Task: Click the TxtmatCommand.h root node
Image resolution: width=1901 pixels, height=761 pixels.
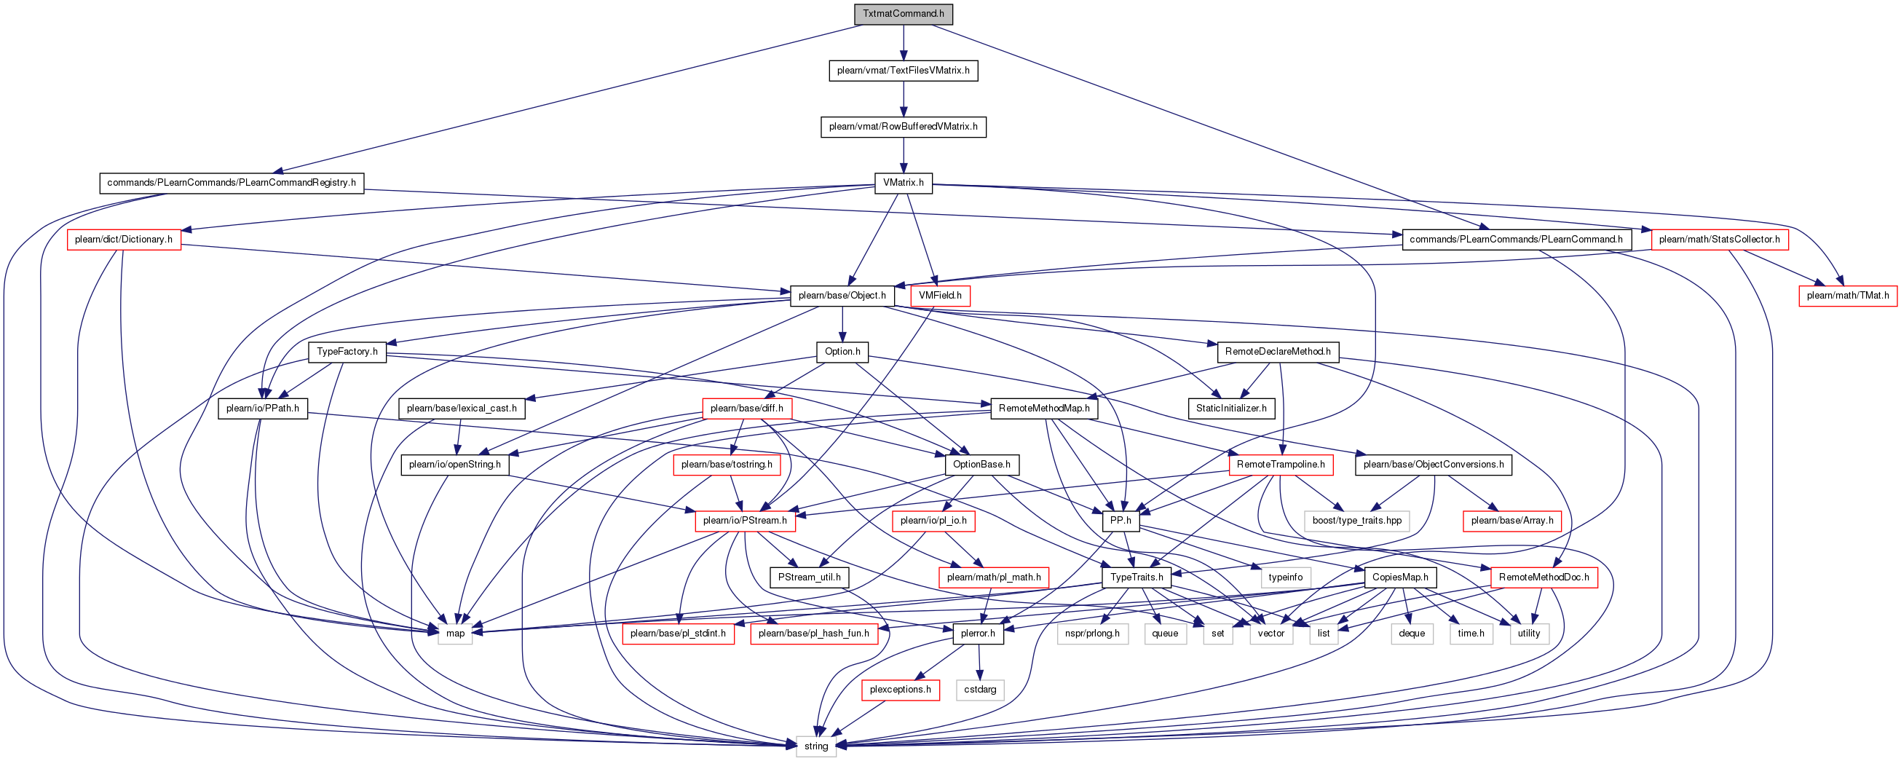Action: [904, 14]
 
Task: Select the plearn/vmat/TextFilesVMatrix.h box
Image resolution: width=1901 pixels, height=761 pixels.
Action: [904, 71]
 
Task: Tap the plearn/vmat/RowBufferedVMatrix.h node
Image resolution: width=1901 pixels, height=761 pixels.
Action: [904, 127]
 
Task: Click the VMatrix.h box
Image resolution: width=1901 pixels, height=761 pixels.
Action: [904, 183]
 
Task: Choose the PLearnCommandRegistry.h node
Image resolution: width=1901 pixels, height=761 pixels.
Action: [232, 183]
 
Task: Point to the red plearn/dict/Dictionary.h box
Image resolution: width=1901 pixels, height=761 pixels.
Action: [124, 240]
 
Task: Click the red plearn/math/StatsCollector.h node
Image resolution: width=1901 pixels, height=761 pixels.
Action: [1720, 240]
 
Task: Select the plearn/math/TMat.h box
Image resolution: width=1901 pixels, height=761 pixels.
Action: [1848, 296]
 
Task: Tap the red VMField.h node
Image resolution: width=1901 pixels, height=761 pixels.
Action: [940, 296]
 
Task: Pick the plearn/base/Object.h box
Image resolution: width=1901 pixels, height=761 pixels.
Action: [842, 296]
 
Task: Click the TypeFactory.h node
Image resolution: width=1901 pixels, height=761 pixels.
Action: [347, 352]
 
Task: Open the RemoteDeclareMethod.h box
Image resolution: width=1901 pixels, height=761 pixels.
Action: [1278, 352]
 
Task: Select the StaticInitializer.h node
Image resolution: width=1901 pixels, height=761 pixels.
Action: [1231, 409]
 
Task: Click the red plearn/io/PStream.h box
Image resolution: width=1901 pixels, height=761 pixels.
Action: [745, 521]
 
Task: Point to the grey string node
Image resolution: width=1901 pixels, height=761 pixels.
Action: [816, 746]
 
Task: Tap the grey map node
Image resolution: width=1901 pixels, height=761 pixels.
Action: [455, 634]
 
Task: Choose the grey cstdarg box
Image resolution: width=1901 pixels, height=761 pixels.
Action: [980, 690]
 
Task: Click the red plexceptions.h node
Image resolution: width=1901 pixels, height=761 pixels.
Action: [901, 690]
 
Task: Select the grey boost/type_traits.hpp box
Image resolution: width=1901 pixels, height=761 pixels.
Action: [1357, 521]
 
